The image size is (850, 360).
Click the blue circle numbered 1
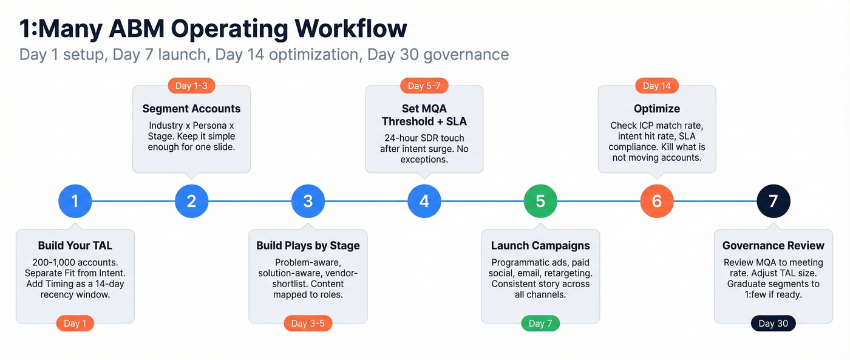(75, 201)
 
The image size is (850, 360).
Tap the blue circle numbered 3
(308, 201)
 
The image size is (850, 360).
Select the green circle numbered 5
(540, 201)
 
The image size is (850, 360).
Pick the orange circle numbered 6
(657, 201)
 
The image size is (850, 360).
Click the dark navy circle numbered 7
(773, 201)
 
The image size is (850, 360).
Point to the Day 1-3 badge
(191, 86)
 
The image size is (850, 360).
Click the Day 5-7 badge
(424, 86)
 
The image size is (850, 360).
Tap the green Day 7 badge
(540, 324)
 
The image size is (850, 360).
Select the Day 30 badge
(773, 324)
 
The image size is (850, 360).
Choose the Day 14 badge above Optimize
(657, 86)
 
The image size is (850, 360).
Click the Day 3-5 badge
(308, 324)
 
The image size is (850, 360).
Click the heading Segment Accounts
(191, 109)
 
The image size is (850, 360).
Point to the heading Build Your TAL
(75, 246)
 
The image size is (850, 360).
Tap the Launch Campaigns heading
(540, 246)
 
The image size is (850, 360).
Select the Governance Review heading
(773, 246)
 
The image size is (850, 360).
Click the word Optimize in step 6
(657, 109)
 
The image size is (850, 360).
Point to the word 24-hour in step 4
(404, 137)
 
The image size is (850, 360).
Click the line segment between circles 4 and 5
(483, 201)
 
